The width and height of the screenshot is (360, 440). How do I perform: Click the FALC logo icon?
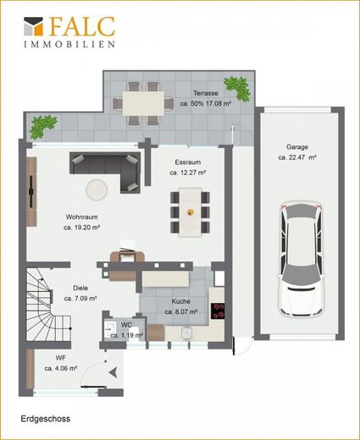pos(33,26)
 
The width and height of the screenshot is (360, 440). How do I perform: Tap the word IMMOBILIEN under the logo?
pos(69,44)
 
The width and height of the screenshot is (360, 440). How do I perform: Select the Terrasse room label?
pos(206,93)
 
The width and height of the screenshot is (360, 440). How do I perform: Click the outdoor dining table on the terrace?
pos(143,103)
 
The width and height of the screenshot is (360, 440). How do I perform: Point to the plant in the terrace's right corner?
pos(238,88)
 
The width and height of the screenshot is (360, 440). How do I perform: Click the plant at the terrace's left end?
pos(43,126)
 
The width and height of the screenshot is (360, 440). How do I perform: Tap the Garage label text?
pos(297,147)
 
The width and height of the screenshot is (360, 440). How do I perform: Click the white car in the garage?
pos(301,259)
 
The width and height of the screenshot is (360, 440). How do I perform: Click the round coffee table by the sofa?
pos(97,190)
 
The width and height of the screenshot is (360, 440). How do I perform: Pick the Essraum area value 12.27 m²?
pos(187,173)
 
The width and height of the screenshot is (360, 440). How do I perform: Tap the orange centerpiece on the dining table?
pos(191,212)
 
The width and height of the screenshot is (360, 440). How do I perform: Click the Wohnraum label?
pos(81,217)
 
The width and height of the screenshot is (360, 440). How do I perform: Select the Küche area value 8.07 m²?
pos(181,312)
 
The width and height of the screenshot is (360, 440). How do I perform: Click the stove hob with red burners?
pos(218,311)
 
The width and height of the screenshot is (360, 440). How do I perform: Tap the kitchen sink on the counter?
pos(186,333)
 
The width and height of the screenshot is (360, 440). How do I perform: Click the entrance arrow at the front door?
pos(114,372)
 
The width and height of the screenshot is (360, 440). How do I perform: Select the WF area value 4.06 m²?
pos(61,368)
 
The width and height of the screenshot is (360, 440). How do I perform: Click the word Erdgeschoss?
pos(46,419)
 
